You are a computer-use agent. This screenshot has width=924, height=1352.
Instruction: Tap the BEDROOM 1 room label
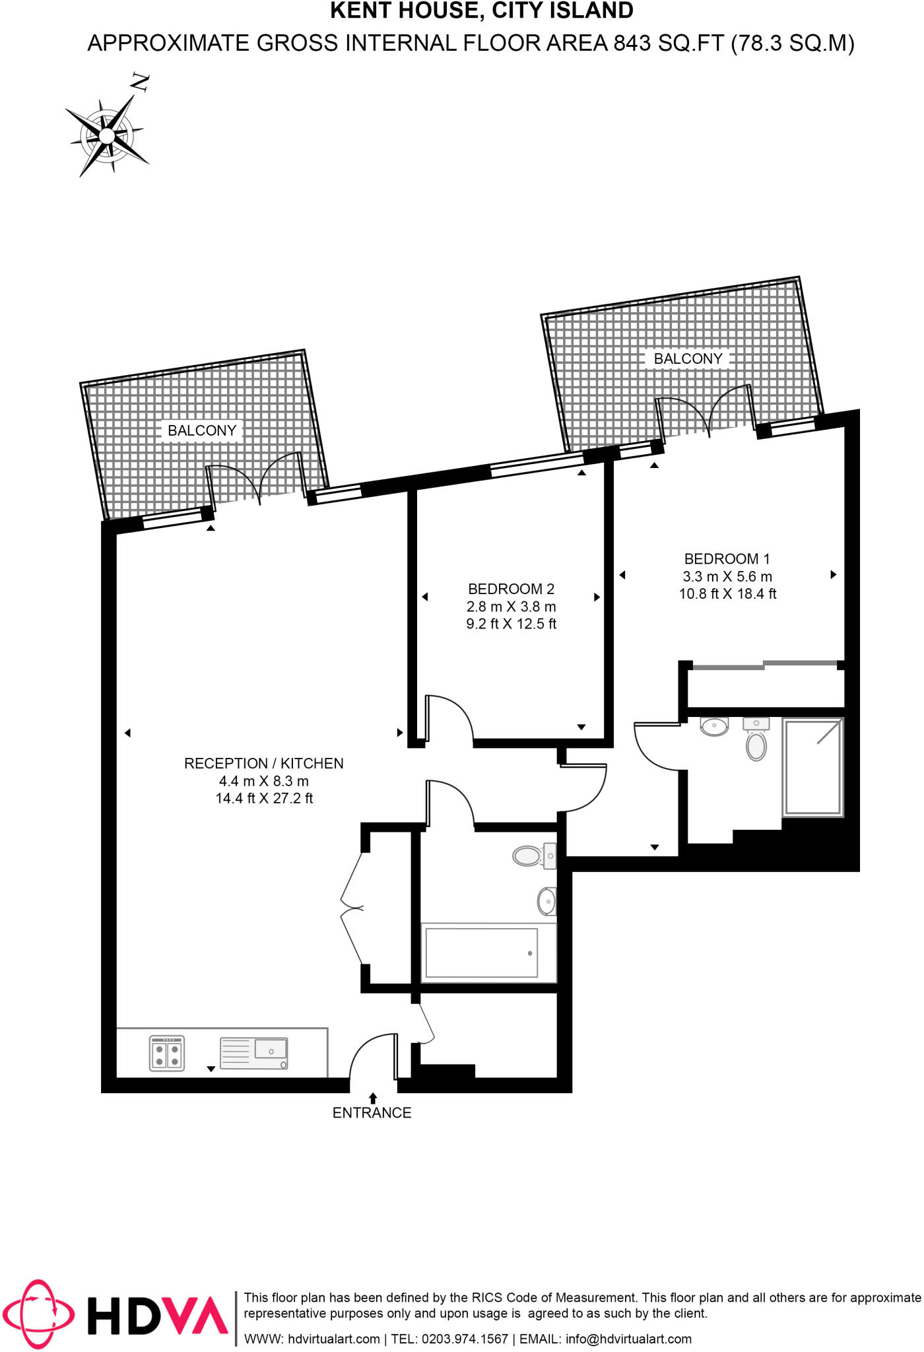[x=727, y=559]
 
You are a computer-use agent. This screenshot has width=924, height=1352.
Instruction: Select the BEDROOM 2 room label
[x=511, y=589]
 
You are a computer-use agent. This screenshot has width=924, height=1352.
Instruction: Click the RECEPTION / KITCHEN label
[x=263, y=764]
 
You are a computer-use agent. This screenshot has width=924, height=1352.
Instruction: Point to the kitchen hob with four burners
[x=167, y=1052]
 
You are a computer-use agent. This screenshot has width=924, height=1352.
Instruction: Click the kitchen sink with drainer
[x=254, y=1053]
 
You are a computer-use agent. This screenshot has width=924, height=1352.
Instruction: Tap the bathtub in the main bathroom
[x=481, y=953]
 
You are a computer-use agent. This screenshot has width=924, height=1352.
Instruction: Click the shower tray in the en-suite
[x=812, y=767]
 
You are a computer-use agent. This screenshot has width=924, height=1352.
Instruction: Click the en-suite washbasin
[x=714, y=727]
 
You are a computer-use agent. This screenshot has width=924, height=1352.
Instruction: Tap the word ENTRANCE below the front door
[x=372, y=1113]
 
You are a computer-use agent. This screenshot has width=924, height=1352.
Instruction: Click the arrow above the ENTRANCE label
[x=373, y=1098]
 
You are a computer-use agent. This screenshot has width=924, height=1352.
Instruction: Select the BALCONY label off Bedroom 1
[x=688, y=359]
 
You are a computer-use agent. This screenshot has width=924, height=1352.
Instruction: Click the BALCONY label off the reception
[x=202, y=431]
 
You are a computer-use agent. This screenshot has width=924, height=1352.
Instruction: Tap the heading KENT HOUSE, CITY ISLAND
[x=481, y=11]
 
